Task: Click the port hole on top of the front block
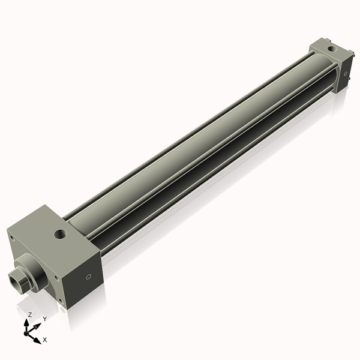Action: (60, 234)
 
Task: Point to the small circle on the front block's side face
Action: (89, 277)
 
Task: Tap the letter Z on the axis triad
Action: (29, 315)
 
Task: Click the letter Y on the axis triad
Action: (44, 319)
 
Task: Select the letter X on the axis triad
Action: (45, 340)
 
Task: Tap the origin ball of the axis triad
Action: (28, 332)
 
